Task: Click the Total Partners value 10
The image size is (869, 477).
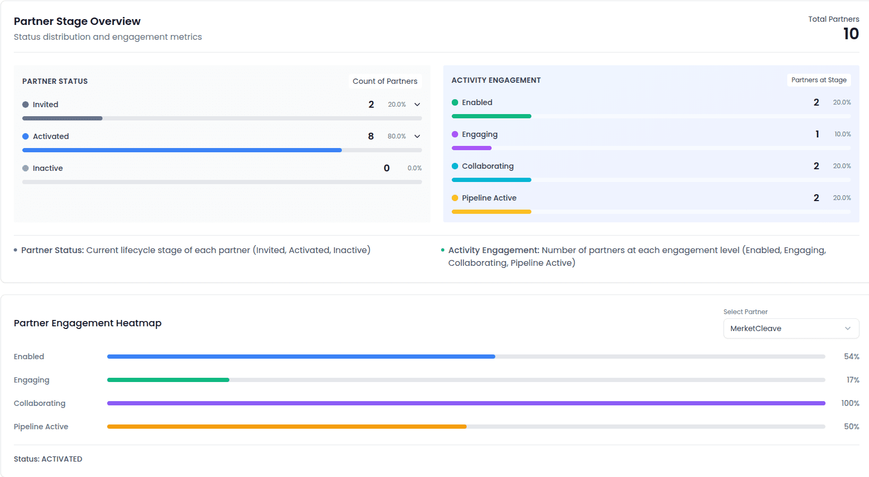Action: (x=850, y=34)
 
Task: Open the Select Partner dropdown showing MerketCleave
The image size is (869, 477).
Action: (x=790, y=328)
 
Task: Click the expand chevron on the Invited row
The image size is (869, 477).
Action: (x=417, y=105)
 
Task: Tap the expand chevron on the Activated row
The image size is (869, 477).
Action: (x=417, y=136)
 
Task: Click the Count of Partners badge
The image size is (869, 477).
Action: (x=385, y=81)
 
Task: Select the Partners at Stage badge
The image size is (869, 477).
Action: (x=819, y=80)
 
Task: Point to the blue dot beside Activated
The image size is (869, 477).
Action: (x=25, y=136)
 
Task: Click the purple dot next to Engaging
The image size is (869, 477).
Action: (x=455, y=134)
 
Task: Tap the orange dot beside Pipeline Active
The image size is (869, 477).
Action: (x=455, y=198)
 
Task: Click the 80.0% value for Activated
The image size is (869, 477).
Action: (x=397, y=136)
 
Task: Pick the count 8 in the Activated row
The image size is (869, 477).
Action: (x=371, y=136)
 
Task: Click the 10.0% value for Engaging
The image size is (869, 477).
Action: (x=842, y=134)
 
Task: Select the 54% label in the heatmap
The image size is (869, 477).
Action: (x=851, y=357)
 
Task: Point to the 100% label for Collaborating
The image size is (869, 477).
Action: (x=850, y=403)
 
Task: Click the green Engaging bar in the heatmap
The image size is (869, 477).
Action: (x=168, y=380)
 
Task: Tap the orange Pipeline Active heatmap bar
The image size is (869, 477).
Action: (x=287, y=427)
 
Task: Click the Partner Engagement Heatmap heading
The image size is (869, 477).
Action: (x=88, y=323)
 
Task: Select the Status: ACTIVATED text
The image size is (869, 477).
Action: (x=48, y=459)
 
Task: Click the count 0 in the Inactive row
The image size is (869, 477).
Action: (x=386, y=168)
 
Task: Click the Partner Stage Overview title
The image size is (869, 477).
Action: (x=77, y=21)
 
